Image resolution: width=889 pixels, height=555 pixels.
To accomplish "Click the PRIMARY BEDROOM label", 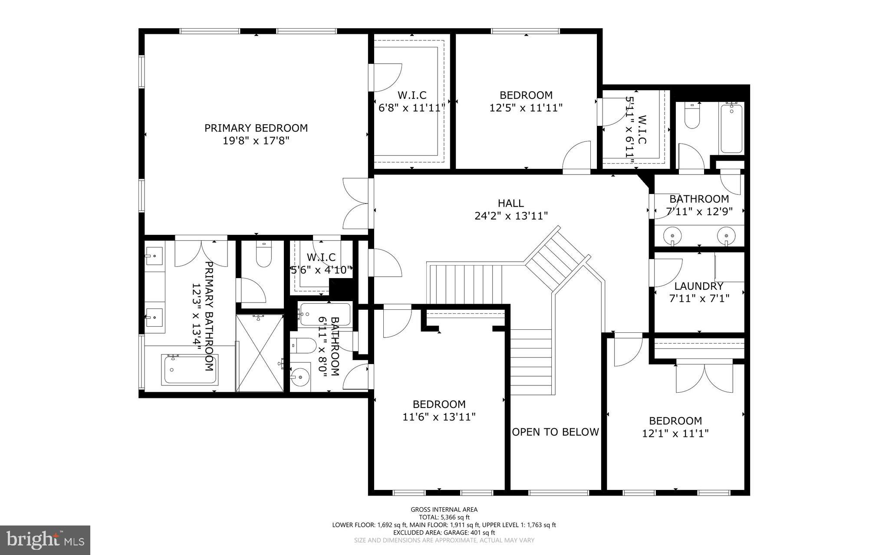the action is [256, 128].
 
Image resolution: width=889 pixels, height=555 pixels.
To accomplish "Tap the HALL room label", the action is [511, 203].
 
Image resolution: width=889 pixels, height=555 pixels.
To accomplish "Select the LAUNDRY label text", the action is [699, 286].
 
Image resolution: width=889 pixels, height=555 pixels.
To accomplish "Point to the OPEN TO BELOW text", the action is [556, 432].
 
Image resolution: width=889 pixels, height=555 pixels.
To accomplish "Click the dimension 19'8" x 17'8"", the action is [256, 141].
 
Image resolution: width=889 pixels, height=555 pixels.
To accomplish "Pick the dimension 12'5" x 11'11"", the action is [526, 108].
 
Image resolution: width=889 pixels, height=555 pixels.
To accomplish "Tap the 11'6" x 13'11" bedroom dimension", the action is [439, 417].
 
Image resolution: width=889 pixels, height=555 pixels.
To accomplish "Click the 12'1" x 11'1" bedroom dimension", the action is [675, 433].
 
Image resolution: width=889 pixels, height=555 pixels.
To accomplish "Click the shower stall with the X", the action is [260, 353].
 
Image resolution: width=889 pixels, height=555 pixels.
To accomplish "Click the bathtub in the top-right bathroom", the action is [732, 128].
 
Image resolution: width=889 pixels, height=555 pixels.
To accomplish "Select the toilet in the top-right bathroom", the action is [692, 116].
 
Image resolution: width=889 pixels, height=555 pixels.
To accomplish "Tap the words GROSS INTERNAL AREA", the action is [444, 510].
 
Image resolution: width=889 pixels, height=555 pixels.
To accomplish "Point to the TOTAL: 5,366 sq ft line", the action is [444, 517].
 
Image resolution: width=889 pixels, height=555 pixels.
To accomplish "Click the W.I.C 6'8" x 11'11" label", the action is [412, 101].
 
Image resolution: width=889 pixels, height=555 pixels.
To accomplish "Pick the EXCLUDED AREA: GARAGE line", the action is [444, 532].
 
